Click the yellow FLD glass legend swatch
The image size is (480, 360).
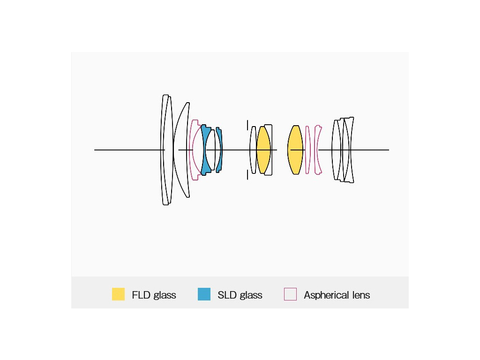coord(118,294)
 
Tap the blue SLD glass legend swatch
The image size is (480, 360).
coord(204,294)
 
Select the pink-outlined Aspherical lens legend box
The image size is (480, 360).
coord(290,294)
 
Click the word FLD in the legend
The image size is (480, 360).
coord(141,295)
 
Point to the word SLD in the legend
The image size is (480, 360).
coord(227,295)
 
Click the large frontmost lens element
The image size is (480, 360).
coord(165,150)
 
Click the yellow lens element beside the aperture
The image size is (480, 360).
coord(263,150)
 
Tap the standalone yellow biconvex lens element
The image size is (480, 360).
coord(295,150)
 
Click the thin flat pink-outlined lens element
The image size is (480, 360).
coord(307,150)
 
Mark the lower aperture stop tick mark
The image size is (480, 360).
coord(247,175)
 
